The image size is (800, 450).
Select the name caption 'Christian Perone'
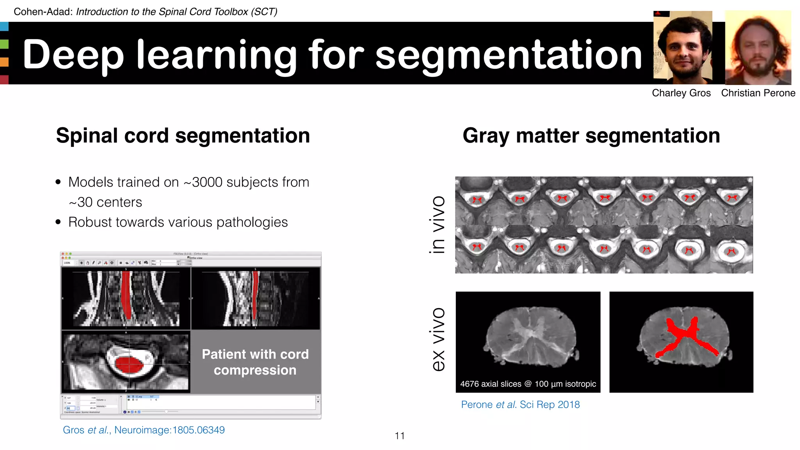(758, 93)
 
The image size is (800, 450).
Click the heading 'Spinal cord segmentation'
(183, 136)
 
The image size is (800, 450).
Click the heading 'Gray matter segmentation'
(591, 136)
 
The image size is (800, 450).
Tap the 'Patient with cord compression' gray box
(255, 362)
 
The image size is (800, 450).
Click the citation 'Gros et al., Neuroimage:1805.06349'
(144, 430)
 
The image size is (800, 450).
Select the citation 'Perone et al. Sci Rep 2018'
(520, 405)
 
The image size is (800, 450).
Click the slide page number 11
(400, 436)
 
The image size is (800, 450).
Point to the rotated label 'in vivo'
(437, 225)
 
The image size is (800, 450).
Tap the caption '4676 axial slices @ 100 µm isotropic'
(528, 384)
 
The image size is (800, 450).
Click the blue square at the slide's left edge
(4, 27)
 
